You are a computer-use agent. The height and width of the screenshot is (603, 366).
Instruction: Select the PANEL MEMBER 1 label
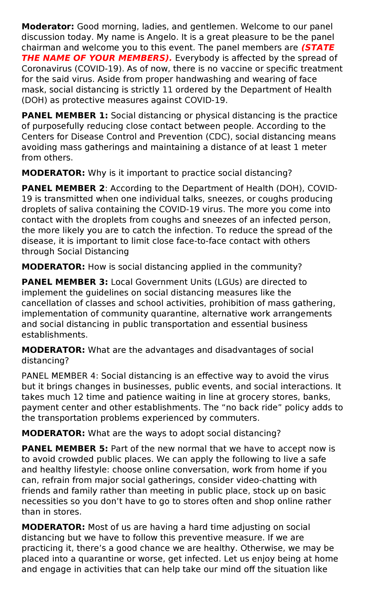[x=65, y=116]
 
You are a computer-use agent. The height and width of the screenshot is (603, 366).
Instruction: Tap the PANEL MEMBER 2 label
[x=63, y=188]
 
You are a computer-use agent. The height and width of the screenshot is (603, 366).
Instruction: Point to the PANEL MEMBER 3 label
[x=65, y=282]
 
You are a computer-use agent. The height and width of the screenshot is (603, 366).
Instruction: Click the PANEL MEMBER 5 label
[x=65, y=449]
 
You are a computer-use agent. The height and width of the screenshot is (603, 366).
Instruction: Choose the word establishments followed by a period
[x=54, y=335]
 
